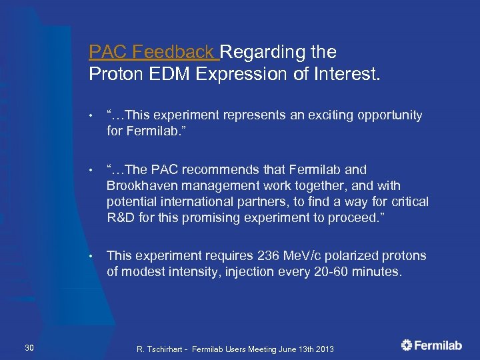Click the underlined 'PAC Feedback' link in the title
[153, 52]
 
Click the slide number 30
[29, 345]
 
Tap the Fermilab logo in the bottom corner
[431, 345]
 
